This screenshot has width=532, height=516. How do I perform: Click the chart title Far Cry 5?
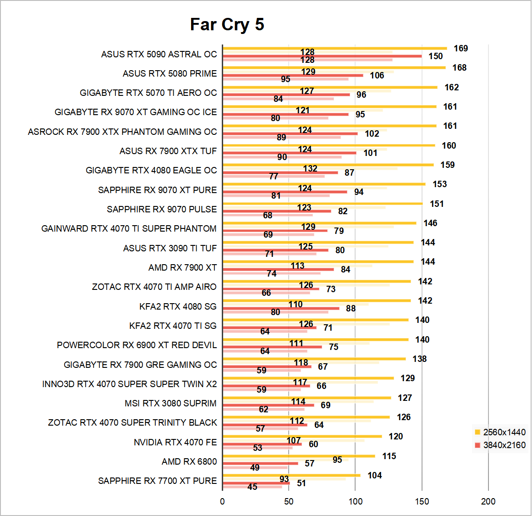[227, 25]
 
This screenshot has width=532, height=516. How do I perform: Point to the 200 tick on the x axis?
[488, 501]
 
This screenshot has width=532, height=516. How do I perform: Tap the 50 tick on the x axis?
[289, 501]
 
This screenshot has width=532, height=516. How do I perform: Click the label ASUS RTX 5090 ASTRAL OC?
[159, 54]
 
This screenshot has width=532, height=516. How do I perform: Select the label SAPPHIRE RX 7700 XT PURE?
[157, 481]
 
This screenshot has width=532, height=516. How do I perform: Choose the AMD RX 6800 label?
[189, 461]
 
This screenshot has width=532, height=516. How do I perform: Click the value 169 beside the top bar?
[461, 49]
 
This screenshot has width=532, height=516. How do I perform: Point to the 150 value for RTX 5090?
[435, 56]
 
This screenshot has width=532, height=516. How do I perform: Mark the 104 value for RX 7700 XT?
[374, 476]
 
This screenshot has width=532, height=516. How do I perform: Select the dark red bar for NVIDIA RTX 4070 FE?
[262, 444]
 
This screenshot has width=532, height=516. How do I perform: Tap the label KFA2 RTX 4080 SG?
[178, 306]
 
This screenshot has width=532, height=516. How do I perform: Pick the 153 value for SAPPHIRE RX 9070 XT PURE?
[439, 184]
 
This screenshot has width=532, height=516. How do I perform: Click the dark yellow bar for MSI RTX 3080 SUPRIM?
[307, 398]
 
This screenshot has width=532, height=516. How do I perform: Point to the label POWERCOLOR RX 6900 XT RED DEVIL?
[137, 345]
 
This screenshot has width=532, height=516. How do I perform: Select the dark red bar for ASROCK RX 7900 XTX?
[290, 134]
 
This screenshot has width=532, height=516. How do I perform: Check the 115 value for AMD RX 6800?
[389, 456]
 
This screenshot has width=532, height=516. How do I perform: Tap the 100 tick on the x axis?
[355, 501]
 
